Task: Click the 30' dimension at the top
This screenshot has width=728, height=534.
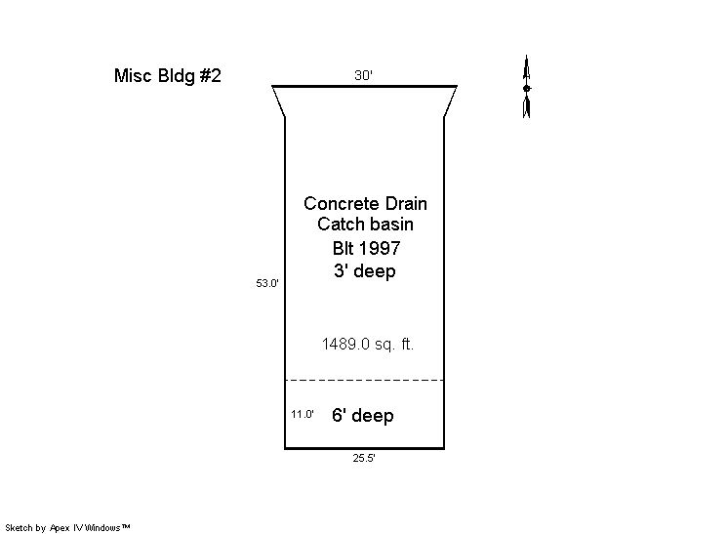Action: [x=364, y=75]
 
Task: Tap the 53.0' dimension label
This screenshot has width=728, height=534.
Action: [x=267, y=283]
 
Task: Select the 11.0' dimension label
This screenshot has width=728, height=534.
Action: [x=303, y=414]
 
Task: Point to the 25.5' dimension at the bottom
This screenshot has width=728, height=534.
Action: [x=364, y=458]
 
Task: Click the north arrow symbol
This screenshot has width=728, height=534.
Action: [x=527, y=86]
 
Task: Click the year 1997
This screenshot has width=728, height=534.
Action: [x=379, y=248]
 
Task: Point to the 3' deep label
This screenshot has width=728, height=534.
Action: [x=364, y=270]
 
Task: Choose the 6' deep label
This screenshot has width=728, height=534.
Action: [x=363, y=415]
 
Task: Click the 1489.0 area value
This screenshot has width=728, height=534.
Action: [x=345, y=344]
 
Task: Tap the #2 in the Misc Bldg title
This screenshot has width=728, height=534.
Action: [x=211, y=76]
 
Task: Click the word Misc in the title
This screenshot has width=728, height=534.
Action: [x=134, y=76]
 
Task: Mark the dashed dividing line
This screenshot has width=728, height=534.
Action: [x=364, y=381]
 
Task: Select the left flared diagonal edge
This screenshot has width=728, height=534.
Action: [x=278, y=102]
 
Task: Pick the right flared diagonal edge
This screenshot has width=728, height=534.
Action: [x=451, y=102]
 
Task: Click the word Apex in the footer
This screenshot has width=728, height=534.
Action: [x=60, y=528]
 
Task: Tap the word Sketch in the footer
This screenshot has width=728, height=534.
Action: [x=20, y=528]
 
